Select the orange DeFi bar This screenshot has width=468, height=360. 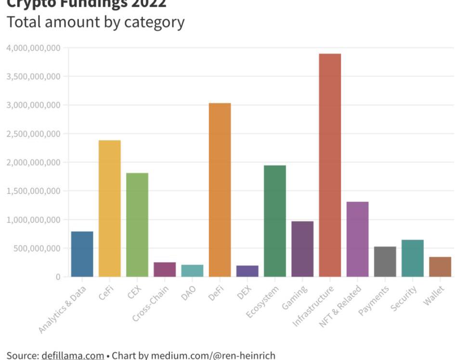220,190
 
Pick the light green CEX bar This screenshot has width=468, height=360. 137,225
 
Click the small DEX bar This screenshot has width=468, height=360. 247,271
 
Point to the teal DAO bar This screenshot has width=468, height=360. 192,270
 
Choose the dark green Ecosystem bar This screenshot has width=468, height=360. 275,221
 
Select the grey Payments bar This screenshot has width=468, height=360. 385,262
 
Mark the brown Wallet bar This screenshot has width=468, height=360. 440,267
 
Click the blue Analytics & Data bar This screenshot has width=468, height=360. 82,254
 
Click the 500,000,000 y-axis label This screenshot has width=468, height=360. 37,248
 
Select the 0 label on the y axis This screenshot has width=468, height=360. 58,277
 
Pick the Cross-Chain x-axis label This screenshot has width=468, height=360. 151,303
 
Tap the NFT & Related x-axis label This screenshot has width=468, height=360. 341,306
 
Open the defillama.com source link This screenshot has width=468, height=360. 73,356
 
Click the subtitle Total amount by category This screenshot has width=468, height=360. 95,23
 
